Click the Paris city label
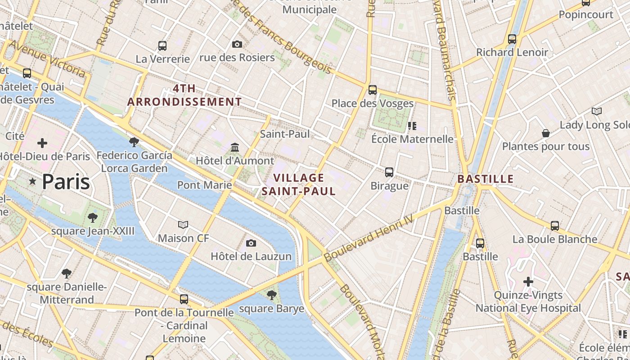66,182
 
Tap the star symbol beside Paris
32,181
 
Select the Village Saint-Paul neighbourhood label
299,184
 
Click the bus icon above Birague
389,172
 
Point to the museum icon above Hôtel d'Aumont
234,147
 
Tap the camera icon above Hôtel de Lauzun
251,243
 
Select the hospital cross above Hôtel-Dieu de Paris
42,143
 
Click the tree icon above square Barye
271,295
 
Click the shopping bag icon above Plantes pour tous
545,133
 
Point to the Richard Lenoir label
512,52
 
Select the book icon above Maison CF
183,225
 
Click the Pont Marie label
205,185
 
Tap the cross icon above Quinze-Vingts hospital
528,282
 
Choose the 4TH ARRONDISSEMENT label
184,95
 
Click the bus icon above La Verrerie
162,45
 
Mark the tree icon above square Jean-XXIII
92,218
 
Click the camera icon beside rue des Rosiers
237,44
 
